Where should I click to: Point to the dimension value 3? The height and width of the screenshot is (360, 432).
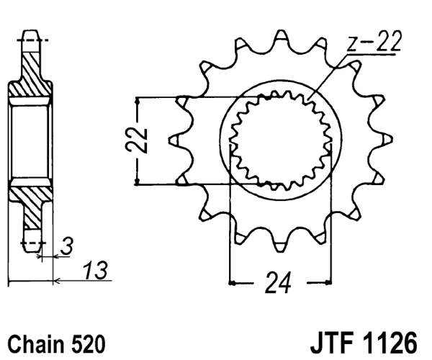point(66,246)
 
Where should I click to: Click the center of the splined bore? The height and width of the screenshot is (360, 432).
point(279,140)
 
